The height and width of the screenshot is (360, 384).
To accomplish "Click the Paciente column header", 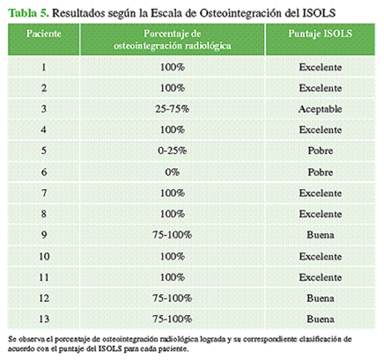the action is (44, 34).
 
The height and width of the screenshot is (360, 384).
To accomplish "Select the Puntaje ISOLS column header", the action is (320, 34).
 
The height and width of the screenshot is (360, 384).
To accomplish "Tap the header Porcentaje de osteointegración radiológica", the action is (172, 39).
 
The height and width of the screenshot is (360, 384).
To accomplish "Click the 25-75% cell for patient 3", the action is (172, 109).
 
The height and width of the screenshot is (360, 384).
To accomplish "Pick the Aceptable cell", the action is (320, 109).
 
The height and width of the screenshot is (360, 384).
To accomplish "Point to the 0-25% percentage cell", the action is (172, 151).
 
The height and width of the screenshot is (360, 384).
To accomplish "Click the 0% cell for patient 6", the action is (172, 172).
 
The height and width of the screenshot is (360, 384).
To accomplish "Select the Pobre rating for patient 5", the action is (320, 151).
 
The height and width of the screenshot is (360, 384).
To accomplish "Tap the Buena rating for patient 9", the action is (320, 235).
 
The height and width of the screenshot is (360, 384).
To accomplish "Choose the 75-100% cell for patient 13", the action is (172, 319).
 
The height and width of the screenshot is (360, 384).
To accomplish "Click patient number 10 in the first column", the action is (44, 257).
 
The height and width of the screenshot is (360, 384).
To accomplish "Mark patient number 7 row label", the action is (44, 193).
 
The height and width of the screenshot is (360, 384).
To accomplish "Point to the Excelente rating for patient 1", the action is (320, 67).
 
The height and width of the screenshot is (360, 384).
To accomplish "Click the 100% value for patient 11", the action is (172, 278).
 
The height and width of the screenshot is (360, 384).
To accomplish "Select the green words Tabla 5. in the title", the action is (28, 13).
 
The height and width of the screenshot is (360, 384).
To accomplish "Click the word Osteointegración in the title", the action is (241, 14).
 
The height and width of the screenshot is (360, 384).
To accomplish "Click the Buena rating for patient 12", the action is (320, 299).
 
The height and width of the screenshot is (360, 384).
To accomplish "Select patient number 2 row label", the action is (44, 88).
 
